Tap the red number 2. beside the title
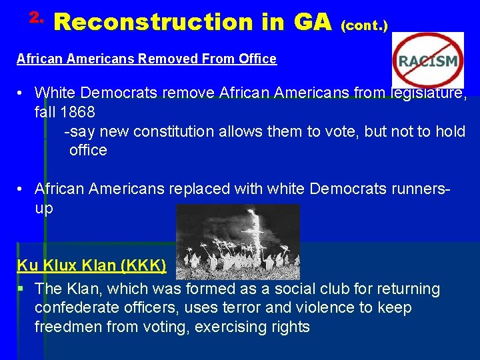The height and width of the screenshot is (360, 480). [x=37, y=15]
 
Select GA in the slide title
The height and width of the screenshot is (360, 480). [x=312, y=22]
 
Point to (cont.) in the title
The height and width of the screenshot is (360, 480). [x=365, y=25]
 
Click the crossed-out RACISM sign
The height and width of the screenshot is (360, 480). [x=427, y=61]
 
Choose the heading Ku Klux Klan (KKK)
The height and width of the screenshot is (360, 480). [x=91, y=265]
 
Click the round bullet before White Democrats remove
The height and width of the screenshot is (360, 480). [x=22, y=93]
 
